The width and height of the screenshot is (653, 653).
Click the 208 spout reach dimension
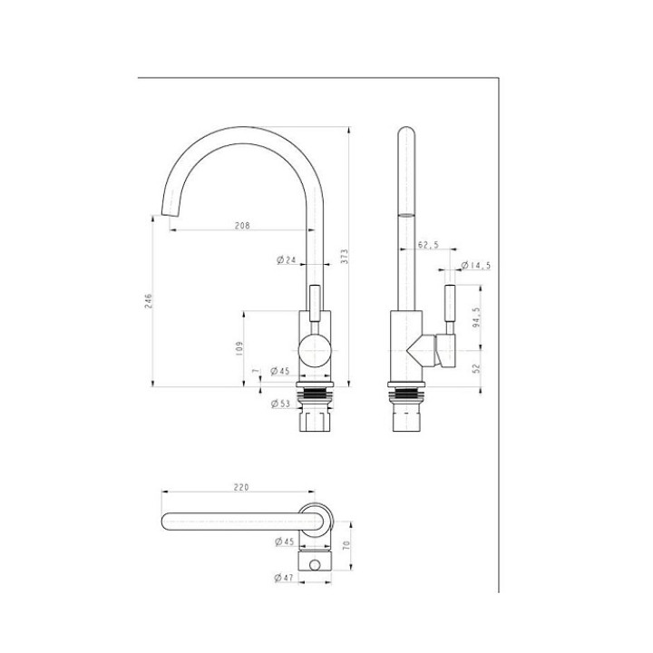point(242,225)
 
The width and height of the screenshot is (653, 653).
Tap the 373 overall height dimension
point(344,256)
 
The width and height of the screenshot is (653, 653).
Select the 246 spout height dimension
point(149,301)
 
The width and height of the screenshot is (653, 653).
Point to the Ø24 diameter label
point(286,260)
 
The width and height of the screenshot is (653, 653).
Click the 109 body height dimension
point(239,348)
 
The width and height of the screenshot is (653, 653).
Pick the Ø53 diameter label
point(280,403)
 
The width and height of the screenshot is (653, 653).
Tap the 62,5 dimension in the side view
point(428,245)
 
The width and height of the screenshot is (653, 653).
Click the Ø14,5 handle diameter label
point(476,265)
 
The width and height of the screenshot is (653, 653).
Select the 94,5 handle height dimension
point(476,317)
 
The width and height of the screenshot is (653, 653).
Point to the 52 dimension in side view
point(476,368)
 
